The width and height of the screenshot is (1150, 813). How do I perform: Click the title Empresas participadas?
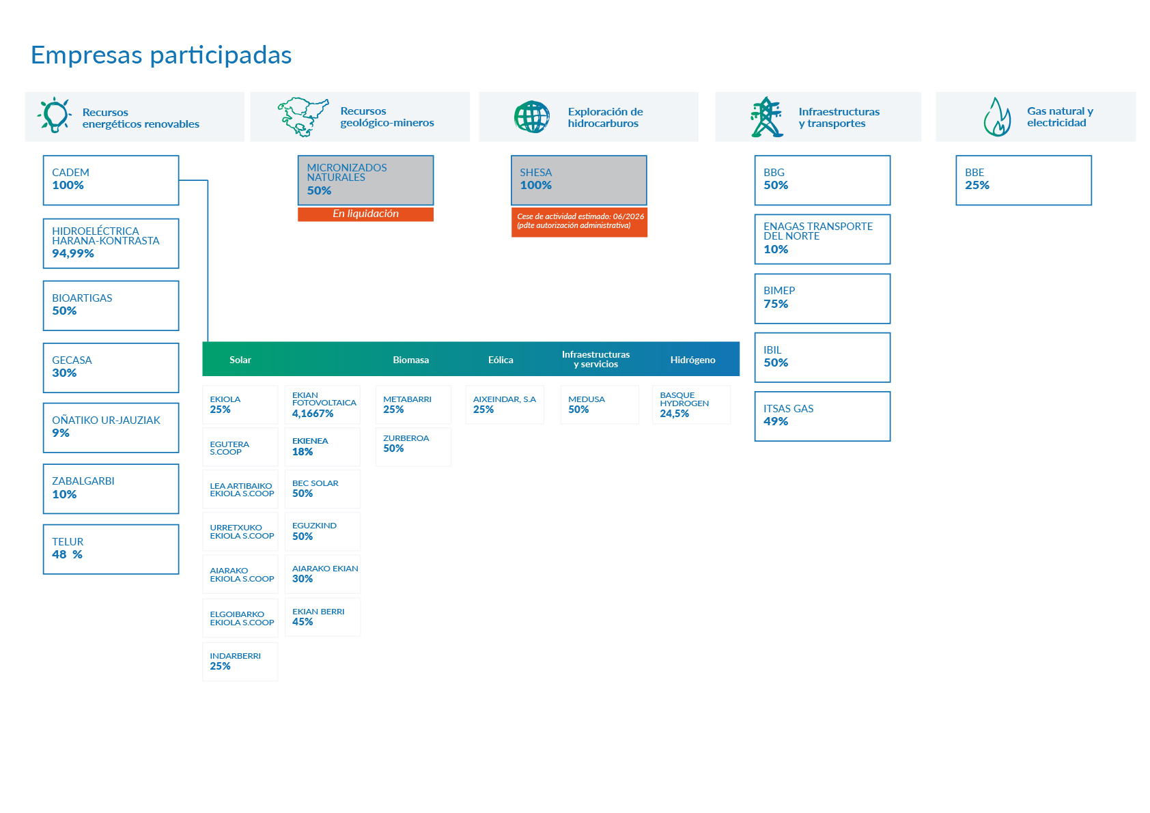tap(161, 55)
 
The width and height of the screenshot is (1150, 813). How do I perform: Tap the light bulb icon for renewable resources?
tap(54, 115)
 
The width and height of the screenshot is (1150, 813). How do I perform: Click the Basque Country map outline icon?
tap(303, 117)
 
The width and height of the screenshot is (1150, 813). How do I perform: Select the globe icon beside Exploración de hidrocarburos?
tap(532, 117)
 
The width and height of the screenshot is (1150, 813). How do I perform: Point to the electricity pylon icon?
tap(766, 117)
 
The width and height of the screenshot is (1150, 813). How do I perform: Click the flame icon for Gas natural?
tap(997, 117)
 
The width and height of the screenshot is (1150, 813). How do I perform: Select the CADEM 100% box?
tap(111, 180)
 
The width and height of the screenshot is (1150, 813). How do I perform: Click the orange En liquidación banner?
tap(365, 214)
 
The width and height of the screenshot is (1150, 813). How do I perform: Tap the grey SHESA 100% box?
tap(578, 180)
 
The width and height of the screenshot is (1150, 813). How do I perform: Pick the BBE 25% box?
tap(1024, 180)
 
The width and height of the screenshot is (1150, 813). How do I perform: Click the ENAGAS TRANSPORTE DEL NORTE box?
tap(822, 239)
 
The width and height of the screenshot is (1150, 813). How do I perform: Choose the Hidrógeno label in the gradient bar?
tap(692, 360)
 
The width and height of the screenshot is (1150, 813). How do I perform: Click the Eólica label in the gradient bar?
tap(501, 360)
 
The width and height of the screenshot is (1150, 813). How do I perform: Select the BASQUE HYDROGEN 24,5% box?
tap(691, 405)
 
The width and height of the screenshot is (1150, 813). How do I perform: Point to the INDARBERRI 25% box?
tap(240, 661)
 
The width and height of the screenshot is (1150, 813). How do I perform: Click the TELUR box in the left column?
tap(111, 550)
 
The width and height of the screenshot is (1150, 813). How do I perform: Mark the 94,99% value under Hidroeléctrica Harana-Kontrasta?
tap(73, 253)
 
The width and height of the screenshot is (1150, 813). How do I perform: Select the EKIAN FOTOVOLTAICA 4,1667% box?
tap(323, 405)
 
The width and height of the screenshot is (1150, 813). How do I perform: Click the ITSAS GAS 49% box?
tap(822, 416)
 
